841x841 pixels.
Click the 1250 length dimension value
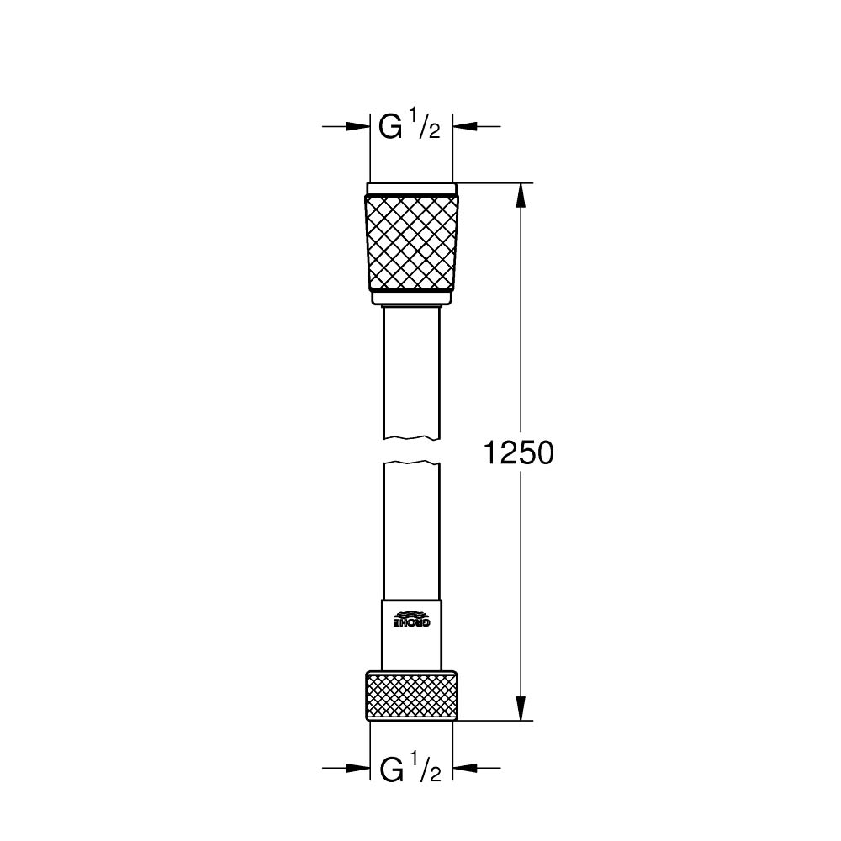(x=519, y=453)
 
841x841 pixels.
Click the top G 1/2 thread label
(x=410, y=127)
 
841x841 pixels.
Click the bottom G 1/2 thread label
(x=410, y=769)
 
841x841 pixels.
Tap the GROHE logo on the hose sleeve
(x=412, y=620)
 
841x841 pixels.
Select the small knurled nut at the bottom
(x=412, y=695)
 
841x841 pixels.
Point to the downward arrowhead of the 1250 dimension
(x=521, y=707)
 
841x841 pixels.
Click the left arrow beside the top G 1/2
(x=357, y=127)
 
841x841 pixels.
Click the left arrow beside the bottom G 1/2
(x=357, y=768)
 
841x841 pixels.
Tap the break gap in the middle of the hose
(x=412, y=450)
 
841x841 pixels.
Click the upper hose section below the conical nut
(x=412, y=370)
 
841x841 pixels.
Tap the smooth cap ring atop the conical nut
(x=412, y=188)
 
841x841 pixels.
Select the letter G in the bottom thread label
(x=390, y=770)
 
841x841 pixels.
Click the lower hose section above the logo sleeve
(x=412, y=530)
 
